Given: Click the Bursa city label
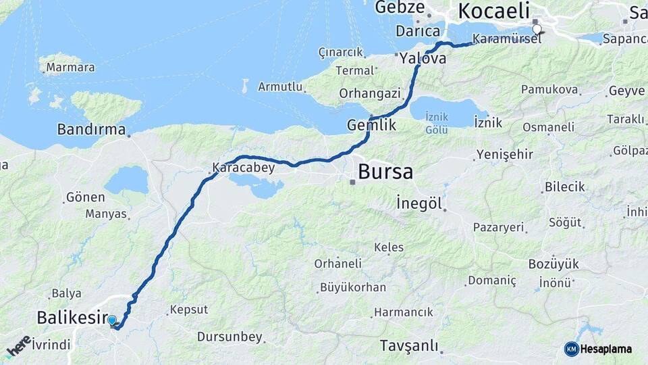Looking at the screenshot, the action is [x=385, y=172].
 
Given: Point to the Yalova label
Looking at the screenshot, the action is [x=423, y=59].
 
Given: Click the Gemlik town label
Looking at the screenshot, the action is [x=371, y=126].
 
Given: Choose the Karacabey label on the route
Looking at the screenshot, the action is [x=244, y=168].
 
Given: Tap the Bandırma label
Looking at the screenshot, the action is [x=92, y=129].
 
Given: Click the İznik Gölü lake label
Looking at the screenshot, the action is [x=436, y=123].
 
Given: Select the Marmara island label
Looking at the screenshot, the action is [x=71, y=68].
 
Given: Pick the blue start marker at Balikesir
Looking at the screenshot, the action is [x=112, y=320].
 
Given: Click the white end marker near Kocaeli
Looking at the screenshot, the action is [x=537, y=29].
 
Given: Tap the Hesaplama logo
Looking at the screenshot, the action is [x=598, y=349].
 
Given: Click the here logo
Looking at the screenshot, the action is [x=18, y=346].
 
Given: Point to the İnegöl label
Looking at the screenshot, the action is [x=419, y=203].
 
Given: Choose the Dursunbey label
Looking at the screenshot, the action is [x=230, y=337].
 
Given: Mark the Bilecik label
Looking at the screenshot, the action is [x=565, y=187].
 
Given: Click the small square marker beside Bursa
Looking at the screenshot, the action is [x=352, y=181].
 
